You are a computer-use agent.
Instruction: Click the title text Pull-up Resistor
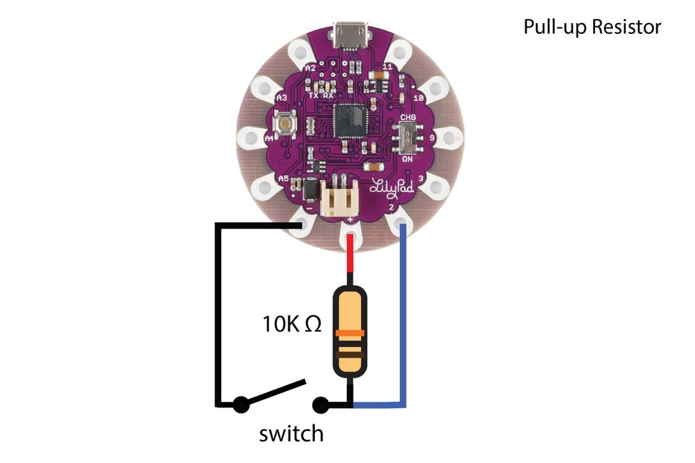[x=592, y=27]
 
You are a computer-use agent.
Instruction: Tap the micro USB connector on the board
[x=350, y=37]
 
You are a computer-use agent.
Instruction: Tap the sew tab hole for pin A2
[x=299, y=50]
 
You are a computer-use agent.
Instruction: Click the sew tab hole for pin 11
[x=400, y=50]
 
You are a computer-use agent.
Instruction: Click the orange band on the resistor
[x=350, y=334]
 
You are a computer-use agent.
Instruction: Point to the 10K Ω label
[x=292, y=325]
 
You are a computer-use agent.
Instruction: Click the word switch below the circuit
[x=291, y=433]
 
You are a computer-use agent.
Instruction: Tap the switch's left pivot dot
[x=239, y=405]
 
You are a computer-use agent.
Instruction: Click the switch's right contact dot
[x=320, y=405]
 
